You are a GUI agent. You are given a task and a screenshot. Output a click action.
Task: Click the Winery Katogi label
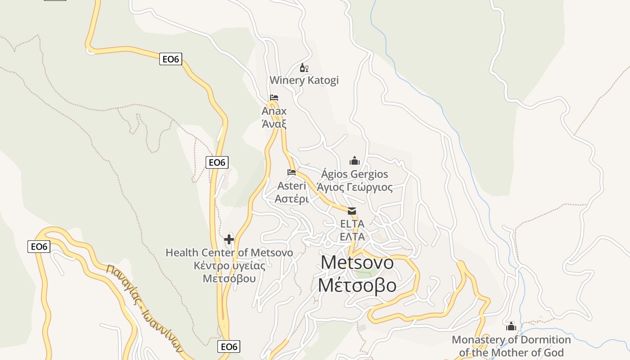click(304, 81)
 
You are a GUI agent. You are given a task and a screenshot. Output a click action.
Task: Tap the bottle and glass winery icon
click(304, 68)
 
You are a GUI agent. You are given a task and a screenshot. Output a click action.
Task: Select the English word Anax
click(274, 111)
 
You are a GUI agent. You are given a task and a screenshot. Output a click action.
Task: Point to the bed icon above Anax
click(274, 98)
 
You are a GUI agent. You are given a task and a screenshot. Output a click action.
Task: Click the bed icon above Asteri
click(292, 172)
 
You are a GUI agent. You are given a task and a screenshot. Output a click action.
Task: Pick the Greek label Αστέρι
click(292, 199)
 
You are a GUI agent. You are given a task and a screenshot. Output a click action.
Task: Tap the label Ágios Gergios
click(355, 174)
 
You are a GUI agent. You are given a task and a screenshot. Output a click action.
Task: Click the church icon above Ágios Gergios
click(355, 161)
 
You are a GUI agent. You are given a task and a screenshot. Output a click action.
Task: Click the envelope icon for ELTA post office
click(352, 211)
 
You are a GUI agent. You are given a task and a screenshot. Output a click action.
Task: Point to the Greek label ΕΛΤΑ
click(352, 237)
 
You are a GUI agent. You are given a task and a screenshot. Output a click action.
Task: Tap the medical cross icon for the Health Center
click(229, 239)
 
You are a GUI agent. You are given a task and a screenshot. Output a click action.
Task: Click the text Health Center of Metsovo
click(229, 252)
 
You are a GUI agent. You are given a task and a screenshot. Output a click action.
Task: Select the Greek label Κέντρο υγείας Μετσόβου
click(229, 272)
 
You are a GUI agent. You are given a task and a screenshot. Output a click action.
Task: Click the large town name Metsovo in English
click(357, 262)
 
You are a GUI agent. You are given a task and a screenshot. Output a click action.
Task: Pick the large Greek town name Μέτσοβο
click(357, 285)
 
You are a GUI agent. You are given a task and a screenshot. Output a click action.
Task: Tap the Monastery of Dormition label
click(511, 346)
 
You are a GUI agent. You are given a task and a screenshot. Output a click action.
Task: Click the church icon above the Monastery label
click(511, 326)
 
